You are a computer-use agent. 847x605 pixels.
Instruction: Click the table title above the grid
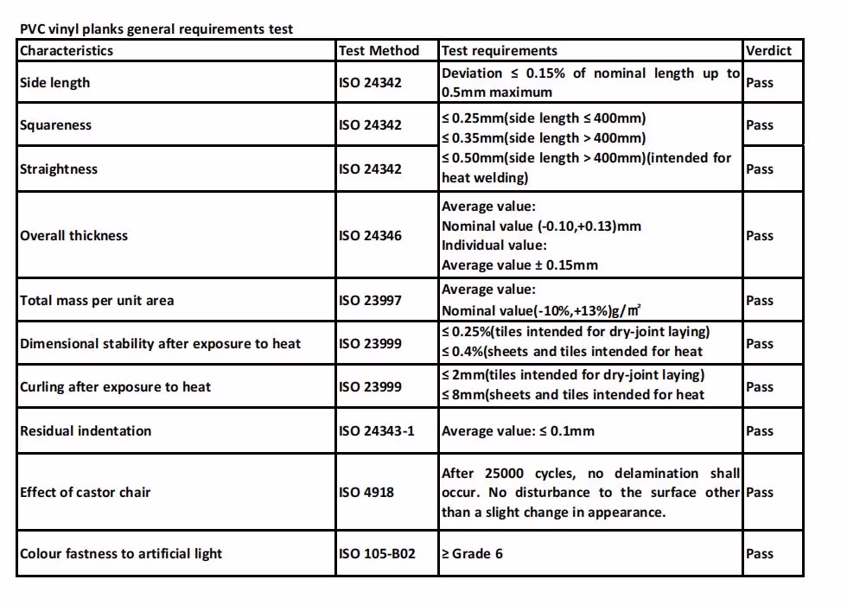click(x=156, y=29)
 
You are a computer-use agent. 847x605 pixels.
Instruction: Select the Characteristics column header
click(x=67, y=50)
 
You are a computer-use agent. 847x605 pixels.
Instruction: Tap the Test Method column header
click(x=379, y=50)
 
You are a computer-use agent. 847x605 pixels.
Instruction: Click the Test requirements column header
click(x=500, y=50)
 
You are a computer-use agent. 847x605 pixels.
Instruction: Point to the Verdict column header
click(x=768, y=50)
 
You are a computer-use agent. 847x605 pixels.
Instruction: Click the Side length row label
click(x=54, y=83)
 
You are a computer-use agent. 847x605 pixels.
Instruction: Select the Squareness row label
click(x=55, y=125)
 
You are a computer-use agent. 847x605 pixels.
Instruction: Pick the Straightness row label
click(x=59, y=169)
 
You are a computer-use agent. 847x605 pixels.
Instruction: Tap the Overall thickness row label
click(x=73, y=236)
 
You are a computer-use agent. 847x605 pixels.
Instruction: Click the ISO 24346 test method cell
click(x=370, y=236)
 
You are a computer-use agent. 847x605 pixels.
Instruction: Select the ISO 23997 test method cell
click(x=370, y=301)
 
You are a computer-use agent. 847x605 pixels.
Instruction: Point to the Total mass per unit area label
click(x=97, y=301)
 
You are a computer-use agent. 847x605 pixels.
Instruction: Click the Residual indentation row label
click(x=86, y=431)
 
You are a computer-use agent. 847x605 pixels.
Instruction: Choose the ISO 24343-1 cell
click(x=377, y=431)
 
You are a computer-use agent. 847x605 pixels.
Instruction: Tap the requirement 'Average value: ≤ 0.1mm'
click(x=518, y=431)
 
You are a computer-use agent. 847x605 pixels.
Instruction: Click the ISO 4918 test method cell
click(x=366, y=493)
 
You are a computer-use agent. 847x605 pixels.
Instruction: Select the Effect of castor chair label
click(x=86, y=493)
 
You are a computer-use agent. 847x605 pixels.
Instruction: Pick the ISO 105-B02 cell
click(x=377, y=554)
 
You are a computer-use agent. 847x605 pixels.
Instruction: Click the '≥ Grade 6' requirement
click(x=472, y=554)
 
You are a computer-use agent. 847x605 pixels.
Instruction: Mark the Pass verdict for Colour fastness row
click(x=760, y=554)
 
